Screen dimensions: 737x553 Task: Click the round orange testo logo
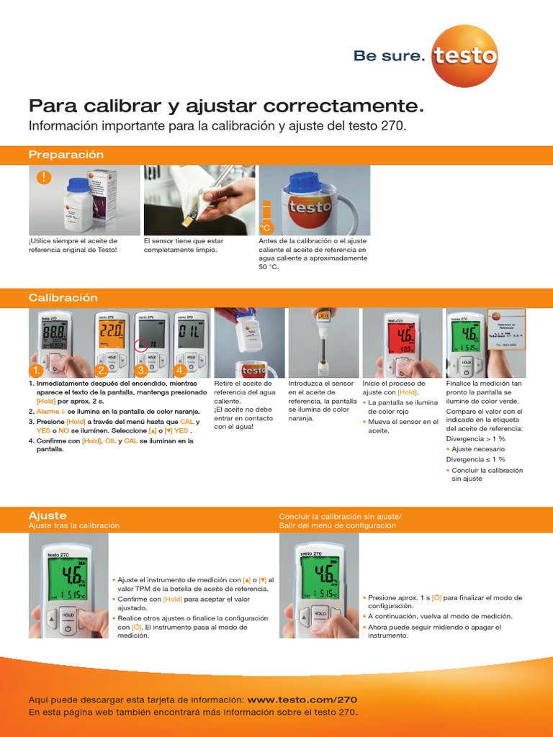(464, 55)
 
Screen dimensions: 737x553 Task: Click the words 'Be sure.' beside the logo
(389, 56)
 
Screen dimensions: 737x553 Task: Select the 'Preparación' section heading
(66, 155)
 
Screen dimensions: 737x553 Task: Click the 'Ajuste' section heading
(48, 515)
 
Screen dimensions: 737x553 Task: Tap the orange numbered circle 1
(35, 370)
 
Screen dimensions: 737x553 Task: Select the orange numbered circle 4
(179, 370)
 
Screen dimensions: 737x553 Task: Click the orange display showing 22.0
(111, 332)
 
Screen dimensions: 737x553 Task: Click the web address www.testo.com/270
(302, 699)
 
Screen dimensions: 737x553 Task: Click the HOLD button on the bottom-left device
(68, 615)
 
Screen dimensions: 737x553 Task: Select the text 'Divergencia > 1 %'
(476, 437)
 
